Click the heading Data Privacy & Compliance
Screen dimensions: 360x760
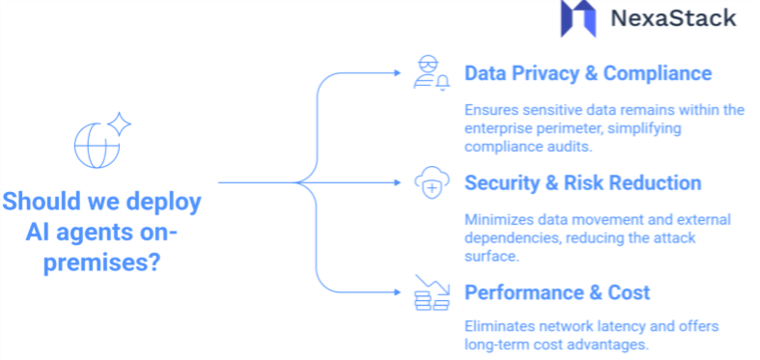(x=588, y=73)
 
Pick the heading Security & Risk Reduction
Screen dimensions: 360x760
(x=583, y=182)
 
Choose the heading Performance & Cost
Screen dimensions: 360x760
(x=557, y=291)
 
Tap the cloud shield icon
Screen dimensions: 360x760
(x=429, y=181)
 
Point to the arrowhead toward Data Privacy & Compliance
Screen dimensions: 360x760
(x=399, y=72)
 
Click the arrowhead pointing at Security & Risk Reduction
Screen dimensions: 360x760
(x=399, y=181)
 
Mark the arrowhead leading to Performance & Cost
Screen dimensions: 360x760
(x=399, y=291)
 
